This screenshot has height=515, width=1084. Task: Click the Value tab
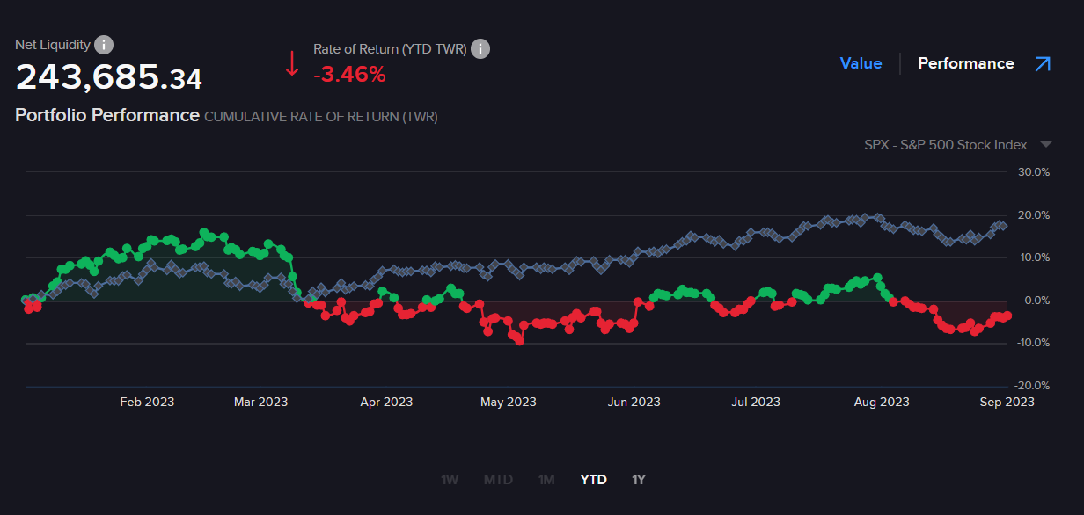pos(861,63)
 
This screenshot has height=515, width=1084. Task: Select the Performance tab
pos(965,63)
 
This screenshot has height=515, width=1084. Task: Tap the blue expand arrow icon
pos(1043,63)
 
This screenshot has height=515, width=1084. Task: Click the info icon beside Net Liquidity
pos(104,45)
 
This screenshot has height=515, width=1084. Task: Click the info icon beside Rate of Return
pos(480,49)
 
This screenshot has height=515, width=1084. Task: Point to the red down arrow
pos(292,63)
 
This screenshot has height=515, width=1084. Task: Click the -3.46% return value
pos(349,75)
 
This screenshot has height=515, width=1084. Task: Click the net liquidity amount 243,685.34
pos(109,78)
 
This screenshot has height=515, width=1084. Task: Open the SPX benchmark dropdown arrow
pos(1045,144)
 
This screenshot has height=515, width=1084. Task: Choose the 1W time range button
pos(450,480)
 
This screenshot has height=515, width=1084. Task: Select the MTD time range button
pos(498,480)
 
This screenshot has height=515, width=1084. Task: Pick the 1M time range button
pos(546,480)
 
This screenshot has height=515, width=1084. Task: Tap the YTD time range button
pos(593,480)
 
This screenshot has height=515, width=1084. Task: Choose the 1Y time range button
pos(639,480)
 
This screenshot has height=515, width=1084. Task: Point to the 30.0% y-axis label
pos(1034,172)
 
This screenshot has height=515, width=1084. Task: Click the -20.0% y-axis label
pos(1032,386)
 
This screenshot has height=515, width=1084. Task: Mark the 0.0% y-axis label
pos(1036,301)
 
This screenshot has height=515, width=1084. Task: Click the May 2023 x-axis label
pos(508,403)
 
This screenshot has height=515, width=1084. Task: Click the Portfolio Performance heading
pos(107,115)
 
